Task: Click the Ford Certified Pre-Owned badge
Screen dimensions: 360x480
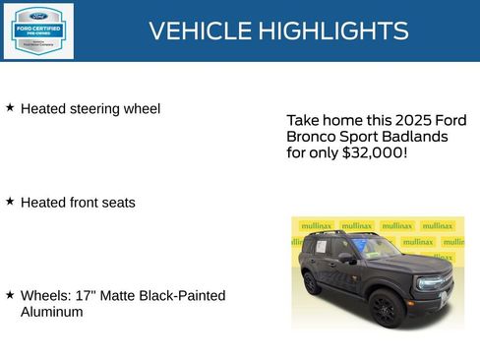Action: (x=37, y=30)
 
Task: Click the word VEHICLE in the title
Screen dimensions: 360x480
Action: (x=199, y=30)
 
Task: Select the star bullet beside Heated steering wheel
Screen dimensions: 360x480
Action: (x=10, y=107)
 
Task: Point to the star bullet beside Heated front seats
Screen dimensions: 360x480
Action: (x=10, y=201)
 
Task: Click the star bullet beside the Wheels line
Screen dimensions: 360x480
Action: (x=10, y=294)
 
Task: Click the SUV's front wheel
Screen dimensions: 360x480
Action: (x=385, y=309)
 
